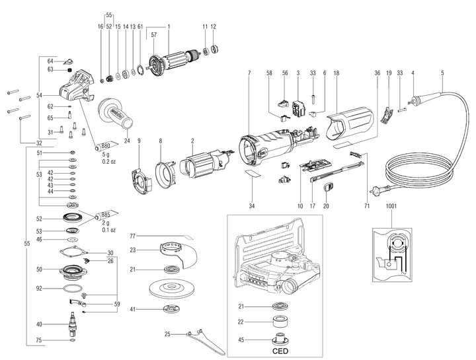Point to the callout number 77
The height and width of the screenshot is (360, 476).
click(132, 236)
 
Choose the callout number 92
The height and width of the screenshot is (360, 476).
click(40, 289)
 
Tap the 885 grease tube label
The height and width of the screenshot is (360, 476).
click(106, 215)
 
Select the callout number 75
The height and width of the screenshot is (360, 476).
click(40, 341)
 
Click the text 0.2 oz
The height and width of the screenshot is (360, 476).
click(109, 161)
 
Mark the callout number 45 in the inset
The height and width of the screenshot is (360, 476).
click(243, 341)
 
